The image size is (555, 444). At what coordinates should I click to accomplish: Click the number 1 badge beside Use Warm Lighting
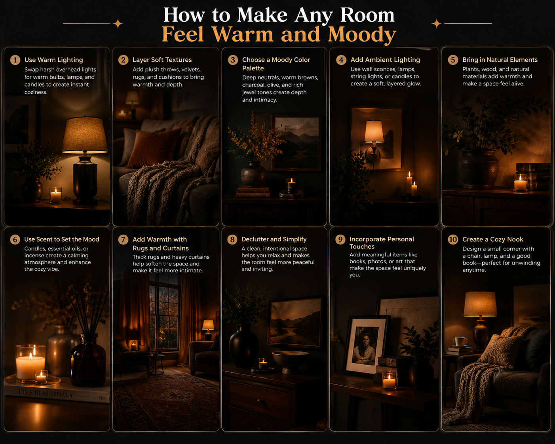pyautogui.click(x=15, y=60)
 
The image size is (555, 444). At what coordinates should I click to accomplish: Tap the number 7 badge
pyautogui.click(x=123, y=240)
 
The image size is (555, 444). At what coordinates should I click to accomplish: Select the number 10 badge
pyautogui.click(x=453, y=240)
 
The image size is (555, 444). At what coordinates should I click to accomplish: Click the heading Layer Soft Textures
pyautogui.click(x=162, y=60)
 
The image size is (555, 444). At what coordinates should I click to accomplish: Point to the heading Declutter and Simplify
pyautogui.click(x=274, y=239)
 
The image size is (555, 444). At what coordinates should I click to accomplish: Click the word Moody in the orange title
pyautogui.click(x=362, y=34)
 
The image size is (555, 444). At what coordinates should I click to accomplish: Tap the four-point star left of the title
pyautogui.click(x=118, y=24)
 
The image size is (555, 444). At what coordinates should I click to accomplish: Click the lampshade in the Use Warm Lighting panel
pyautogui.click(x=85, y=135)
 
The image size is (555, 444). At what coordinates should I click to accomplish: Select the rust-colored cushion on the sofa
pyautogui.click(x=154, y=148)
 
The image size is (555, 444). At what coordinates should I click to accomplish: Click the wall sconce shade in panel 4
pyautogui.click(x=374, y=131)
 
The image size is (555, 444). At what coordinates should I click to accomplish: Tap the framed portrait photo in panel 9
pyautogui.click(x=365, y=345)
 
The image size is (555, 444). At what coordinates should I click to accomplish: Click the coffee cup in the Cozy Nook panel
pyautogui.click(x=460, y=342)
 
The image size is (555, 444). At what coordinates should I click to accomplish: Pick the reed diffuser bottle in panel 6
pyautogui.click(x=88, y=360)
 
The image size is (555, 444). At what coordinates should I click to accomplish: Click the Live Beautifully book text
pyautogui.click(x=46, y=393)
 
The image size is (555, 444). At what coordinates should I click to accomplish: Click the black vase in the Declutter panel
pyautogui.click(x=244, y=345)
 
